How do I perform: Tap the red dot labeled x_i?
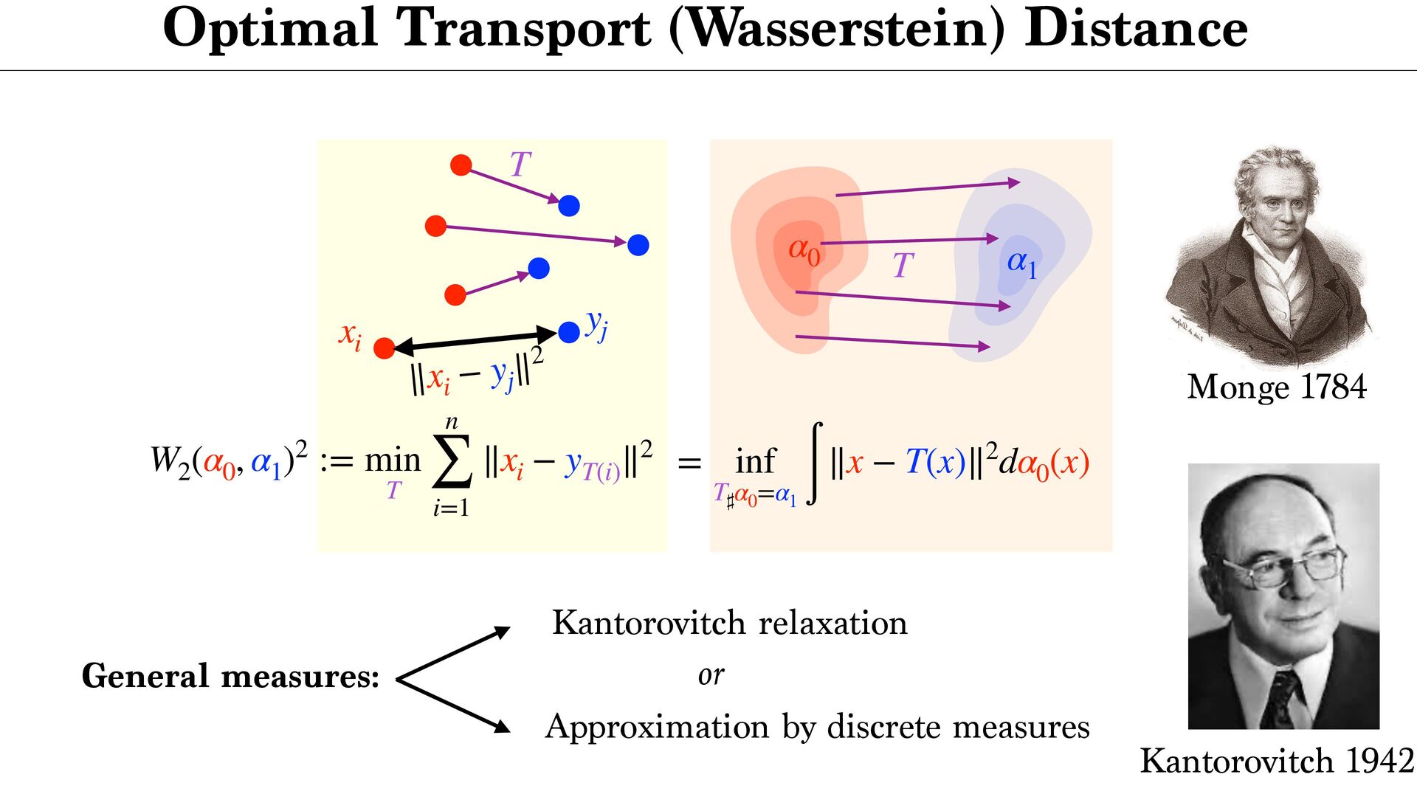[384, 348]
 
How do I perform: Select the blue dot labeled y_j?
[569, 332]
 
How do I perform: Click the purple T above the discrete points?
[520, 164]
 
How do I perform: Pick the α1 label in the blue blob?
[1022, 263]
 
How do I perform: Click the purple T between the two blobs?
[903, 266]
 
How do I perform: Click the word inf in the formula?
[755, 462]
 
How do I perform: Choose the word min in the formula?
[393, 460]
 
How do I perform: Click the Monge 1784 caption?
[1276, 387]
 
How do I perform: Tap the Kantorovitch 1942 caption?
[1276, 761]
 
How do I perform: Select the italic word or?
[711, 674]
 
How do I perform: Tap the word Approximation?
[657, 727]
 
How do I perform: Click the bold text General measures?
[230, 676]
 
